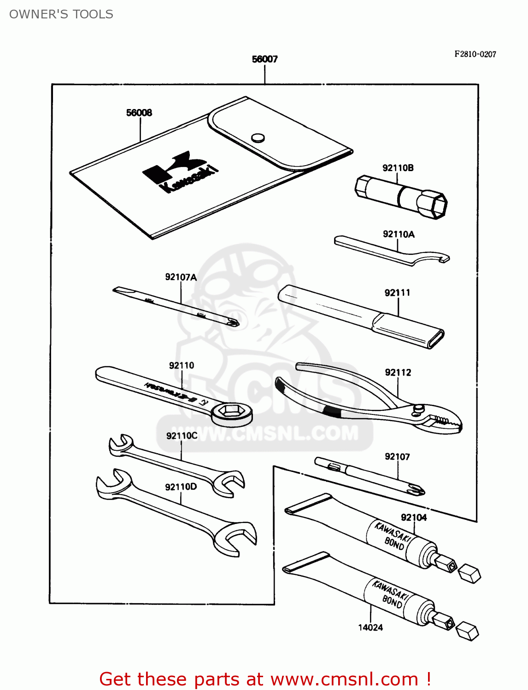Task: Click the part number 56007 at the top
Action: (264, 59)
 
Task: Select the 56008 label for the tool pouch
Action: (139, 113)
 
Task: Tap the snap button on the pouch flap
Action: (258, 138)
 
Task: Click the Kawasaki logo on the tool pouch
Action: (180, 172)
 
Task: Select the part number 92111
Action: (397, 293)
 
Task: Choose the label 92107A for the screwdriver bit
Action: (181, 277)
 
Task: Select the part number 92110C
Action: (182, 436)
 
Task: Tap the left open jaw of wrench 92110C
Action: (120, 445)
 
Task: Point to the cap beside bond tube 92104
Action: (469, 574)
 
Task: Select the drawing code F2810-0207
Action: (475, 54)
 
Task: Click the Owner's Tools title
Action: (61, 14)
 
